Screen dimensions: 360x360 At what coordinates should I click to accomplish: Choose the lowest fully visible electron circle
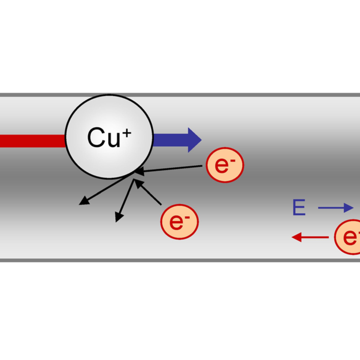point(179,221)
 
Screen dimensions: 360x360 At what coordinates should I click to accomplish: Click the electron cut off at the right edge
point(348,237)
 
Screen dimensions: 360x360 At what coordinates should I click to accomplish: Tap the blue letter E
point(299,207)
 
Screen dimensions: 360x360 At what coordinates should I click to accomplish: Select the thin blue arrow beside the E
point(336,207)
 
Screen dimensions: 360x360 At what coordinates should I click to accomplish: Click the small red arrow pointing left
point(309,237)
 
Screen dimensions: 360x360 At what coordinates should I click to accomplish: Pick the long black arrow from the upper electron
point(171,170)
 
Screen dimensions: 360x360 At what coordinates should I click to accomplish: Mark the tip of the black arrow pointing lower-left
point(82,203)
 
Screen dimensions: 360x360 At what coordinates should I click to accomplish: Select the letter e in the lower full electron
point(176,222)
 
